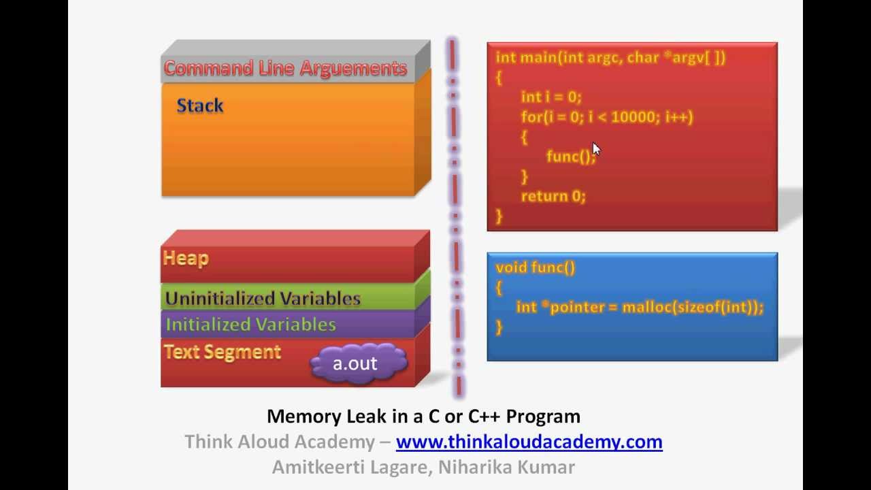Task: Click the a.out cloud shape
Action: tap(357, 363)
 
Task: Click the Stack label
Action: tap(200, 105)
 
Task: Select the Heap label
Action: tap(186, 258)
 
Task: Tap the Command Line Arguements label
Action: tap(285, 68)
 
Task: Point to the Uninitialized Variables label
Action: tap(263, 298)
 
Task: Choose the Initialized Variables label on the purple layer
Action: tap(250, 324)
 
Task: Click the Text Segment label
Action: tap(222, 352)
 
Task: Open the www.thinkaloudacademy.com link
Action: tap(529, 442)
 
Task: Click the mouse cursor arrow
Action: tap(596, 149)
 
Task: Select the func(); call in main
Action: tap(570, 157)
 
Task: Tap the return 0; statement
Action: tap(553, 196)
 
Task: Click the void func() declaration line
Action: tap(536, 267)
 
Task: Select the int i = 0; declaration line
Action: tap(551, 97)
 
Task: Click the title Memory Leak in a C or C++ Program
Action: tap(423, 416)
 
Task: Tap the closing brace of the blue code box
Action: tap(499, 327)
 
